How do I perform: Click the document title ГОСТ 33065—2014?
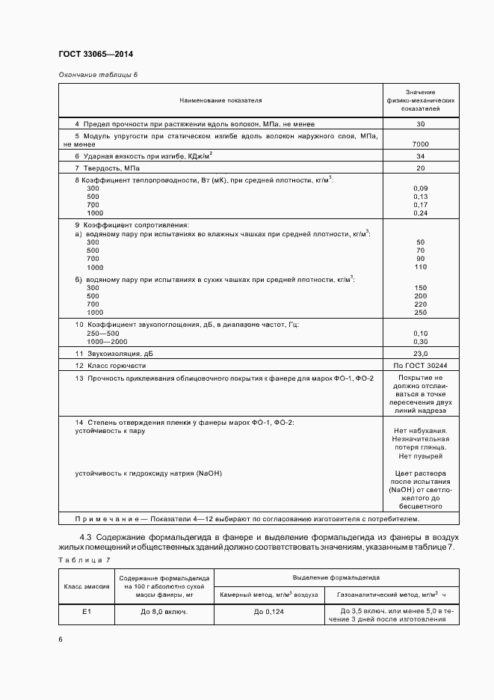click(96, 54)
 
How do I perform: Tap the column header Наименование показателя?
click(220, 99)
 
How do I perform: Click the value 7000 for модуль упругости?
click(420, 144)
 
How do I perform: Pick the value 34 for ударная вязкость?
click(420, 156)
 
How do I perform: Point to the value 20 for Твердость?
click(420, 168)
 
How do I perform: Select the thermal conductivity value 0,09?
click(420, 188)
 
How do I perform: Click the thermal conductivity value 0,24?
click(420, 213)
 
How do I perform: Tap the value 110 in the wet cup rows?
click(420, 267)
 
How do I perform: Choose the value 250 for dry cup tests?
click(420, 313)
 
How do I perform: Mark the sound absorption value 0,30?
click(420, 341)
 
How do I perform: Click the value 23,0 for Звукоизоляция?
click(420, 354)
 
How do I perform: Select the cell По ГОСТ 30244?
click(420, 366)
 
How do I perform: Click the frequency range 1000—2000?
click(108, 341)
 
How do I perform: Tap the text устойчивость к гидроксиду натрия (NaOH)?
click(149, 473)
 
